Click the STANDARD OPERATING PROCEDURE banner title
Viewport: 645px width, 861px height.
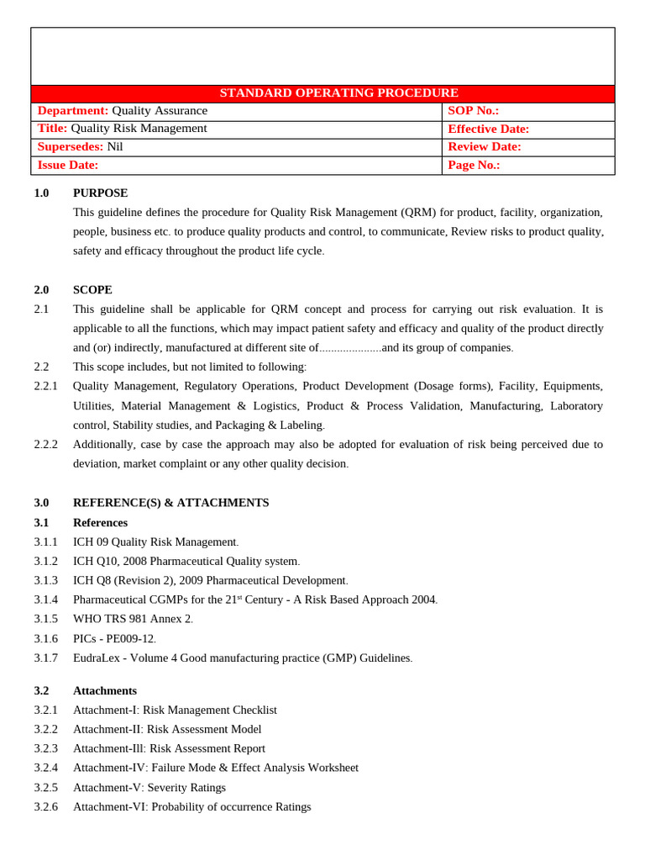tap(338, 93)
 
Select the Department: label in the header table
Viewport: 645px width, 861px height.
tap(73, 111)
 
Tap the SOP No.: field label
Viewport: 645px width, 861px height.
tap(473, 111)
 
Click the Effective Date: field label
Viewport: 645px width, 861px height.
tap(488, 129)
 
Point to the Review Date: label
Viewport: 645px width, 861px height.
tap(484, 147)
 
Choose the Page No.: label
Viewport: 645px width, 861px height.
tap(474, 166)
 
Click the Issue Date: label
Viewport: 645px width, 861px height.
tap(68, 166)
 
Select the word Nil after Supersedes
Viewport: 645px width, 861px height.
tap(115, 147)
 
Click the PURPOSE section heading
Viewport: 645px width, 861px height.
tap(101, 193)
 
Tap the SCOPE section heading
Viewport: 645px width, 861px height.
tap(92, 290)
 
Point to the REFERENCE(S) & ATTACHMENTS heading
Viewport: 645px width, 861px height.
tap(170, 503)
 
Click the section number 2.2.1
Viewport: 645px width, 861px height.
tap(46, 386)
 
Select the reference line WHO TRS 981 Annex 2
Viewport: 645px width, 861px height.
tap(133, 619)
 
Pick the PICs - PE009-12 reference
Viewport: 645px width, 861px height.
tap(114, 639)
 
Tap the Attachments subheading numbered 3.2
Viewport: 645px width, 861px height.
tap(105, 691)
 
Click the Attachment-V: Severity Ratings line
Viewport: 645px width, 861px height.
tap(149, 788)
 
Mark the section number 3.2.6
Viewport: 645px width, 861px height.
tap(46, 807)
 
